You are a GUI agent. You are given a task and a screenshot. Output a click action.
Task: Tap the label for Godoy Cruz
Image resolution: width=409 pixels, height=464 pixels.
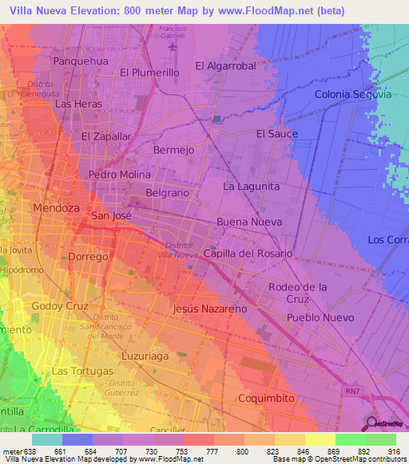pyautogui.click(x=58, y=306)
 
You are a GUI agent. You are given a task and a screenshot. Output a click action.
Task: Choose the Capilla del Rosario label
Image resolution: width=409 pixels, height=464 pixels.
pyautogui.click(x=248, y=254)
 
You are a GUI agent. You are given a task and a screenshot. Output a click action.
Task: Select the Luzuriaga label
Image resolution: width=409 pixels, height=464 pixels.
pyautogui.click(x=147, y=356)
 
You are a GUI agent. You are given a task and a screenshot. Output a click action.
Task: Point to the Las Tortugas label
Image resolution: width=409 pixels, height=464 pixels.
pyautogui.click(x=81, y=372)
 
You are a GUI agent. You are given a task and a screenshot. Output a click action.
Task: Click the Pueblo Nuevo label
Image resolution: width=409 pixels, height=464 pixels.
pyautogui.click(x=320, y=317)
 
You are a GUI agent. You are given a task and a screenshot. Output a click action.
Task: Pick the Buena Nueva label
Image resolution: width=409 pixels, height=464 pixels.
pyautogui.click(x=247, y=222)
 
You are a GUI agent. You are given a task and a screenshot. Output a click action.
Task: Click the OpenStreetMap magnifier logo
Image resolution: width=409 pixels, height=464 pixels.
pyautogui.click(x=372, y=423)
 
